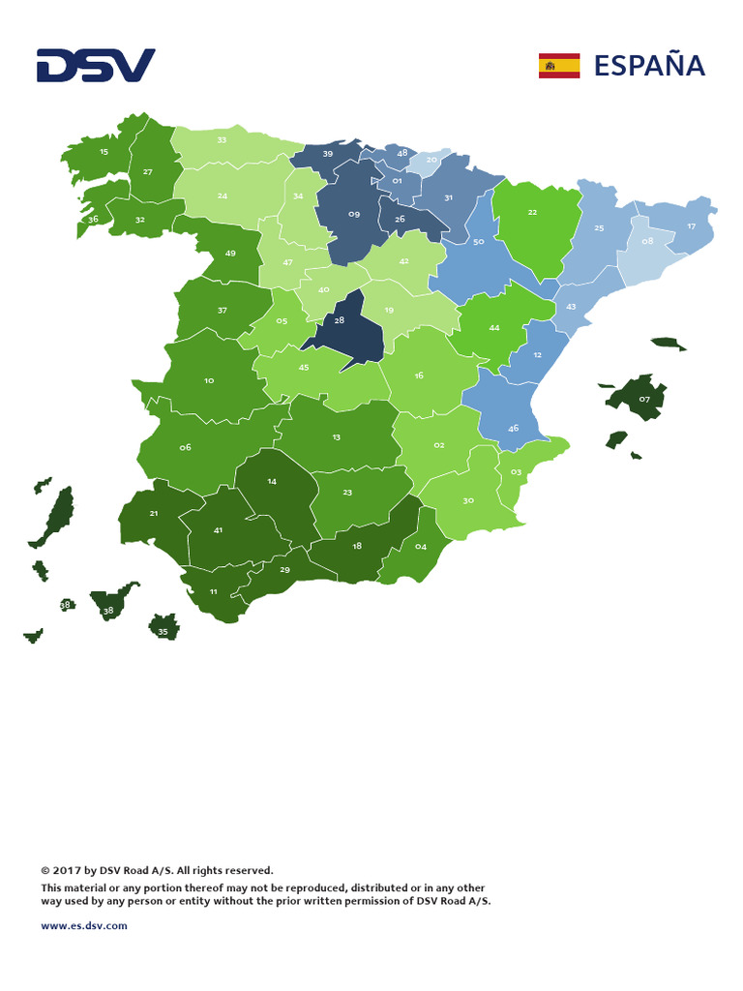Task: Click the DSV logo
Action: tap(96, 66)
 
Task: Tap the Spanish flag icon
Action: tap(559, 66)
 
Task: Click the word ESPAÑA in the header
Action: tap(649, 66)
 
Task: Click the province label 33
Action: tap(222, 140)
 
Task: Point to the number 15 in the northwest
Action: tap(104, 152)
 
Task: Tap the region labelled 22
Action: tap(532, 212)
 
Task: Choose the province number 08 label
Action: tap(647, 240)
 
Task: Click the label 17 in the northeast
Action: tap(691, 226)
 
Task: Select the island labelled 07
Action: tap(644, 399)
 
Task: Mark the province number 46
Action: tap(513, 428)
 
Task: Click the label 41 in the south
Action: tap(218, 530)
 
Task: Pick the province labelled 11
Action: tap(213, 591)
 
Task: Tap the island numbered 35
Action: tap(163, 632)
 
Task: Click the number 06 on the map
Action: tap(185, 447)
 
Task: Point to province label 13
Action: tap(336, 437)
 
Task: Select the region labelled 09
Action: tap(354, 214)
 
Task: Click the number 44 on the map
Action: tap(494, 328)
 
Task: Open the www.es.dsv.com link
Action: tap(84, 925)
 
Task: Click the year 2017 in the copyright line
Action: tap(70, 870)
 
